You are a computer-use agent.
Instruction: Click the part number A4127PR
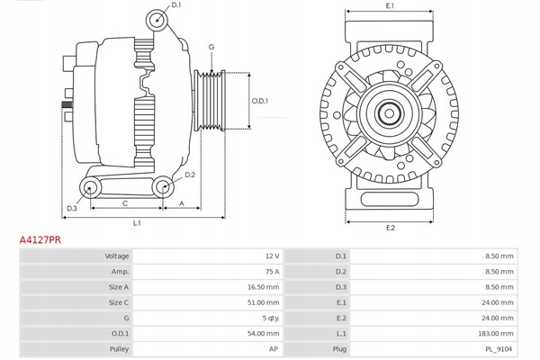40,241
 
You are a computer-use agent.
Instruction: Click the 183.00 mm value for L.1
498,332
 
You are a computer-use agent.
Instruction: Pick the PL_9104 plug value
499,346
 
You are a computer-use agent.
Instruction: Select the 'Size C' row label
117,301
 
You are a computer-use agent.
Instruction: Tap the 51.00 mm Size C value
262,301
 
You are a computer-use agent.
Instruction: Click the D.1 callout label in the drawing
175,5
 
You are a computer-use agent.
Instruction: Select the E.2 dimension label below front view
390,227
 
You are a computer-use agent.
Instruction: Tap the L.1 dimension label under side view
138,222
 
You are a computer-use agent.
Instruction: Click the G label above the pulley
211,47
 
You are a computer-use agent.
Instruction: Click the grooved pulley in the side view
214,99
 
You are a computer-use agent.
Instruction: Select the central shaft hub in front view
390,113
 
